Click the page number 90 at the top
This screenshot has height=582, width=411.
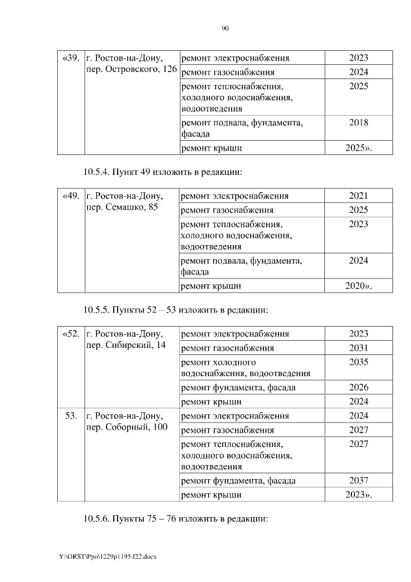pos(225,28)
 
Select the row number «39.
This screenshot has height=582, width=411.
pos(71,59)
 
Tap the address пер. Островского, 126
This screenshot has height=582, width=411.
pos(131,69)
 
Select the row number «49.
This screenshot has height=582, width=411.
pos(71,196)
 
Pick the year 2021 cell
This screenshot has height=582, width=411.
pos(358,196)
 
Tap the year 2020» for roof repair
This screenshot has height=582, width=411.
pos(358,286)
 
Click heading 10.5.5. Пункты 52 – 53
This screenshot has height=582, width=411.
pos(175,310)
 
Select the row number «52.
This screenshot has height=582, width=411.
pos(71,334)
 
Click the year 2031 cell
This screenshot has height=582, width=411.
pos(358,348)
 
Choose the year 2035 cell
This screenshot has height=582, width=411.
pos(358,362)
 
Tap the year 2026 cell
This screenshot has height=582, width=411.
pos(358,388)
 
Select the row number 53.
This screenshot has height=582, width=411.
pos(71,415)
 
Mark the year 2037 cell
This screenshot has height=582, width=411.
pos(358,480)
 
